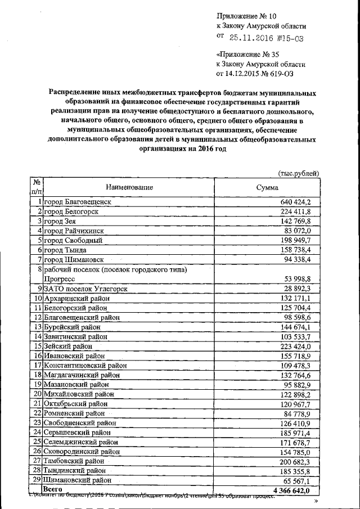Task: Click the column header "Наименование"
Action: click(x=128, y=187)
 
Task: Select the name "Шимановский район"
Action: click(x=75, y=480)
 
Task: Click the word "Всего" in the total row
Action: click(x=52, y=490)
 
